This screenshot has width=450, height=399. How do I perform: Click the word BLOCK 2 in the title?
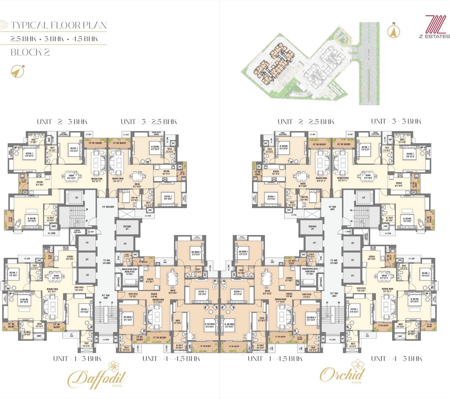tap(30, 52)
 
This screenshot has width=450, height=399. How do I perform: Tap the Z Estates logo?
tap(434, 27)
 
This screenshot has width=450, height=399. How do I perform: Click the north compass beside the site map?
tap(393, 31)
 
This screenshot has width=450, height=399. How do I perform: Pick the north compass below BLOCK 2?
tap(17, 72)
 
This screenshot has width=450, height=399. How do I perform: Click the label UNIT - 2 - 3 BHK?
tap(62, 122)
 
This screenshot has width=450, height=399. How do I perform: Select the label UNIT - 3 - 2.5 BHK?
tap(149, 122)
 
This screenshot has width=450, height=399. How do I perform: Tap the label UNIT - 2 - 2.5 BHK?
tap(306, 122)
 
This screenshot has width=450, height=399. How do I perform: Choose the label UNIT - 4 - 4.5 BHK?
tap(171, 358)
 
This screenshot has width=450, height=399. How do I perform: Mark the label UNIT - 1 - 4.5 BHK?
tap(275, 358)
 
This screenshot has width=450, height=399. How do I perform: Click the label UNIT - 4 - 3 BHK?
tap(397, 358)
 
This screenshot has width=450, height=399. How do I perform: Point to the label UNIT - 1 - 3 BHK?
tap(77, 358)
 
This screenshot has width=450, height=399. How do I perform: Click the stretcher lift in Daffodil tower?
tap(127, 227)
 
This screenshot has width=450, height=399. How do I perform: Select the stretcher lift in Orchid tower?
tap(312, 227)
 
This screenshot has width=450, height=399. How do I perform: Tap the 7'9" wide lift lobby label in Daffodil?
tap(105, 261)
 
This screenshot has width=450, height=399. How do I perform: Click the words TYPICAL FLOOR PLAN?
tap(59, 25)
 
